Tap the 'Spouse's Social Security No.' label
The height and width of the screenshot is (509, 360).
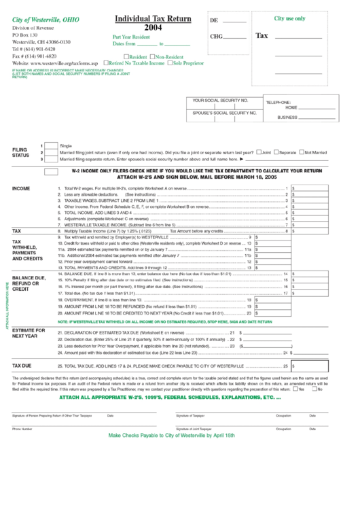(224, 112)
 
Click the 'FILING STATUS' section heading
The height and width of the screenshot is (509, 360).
(20, 152)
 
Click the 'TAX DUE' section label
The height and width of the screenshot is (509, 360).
(22, 365)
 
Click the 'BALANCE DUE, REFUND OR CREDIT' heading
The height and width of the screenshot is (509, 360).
(29, 283)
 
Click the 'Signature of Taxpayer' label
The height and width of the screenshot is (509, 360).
(190, 415)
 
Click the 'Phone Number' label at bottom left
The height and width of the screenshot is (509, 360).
(22, 429)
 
